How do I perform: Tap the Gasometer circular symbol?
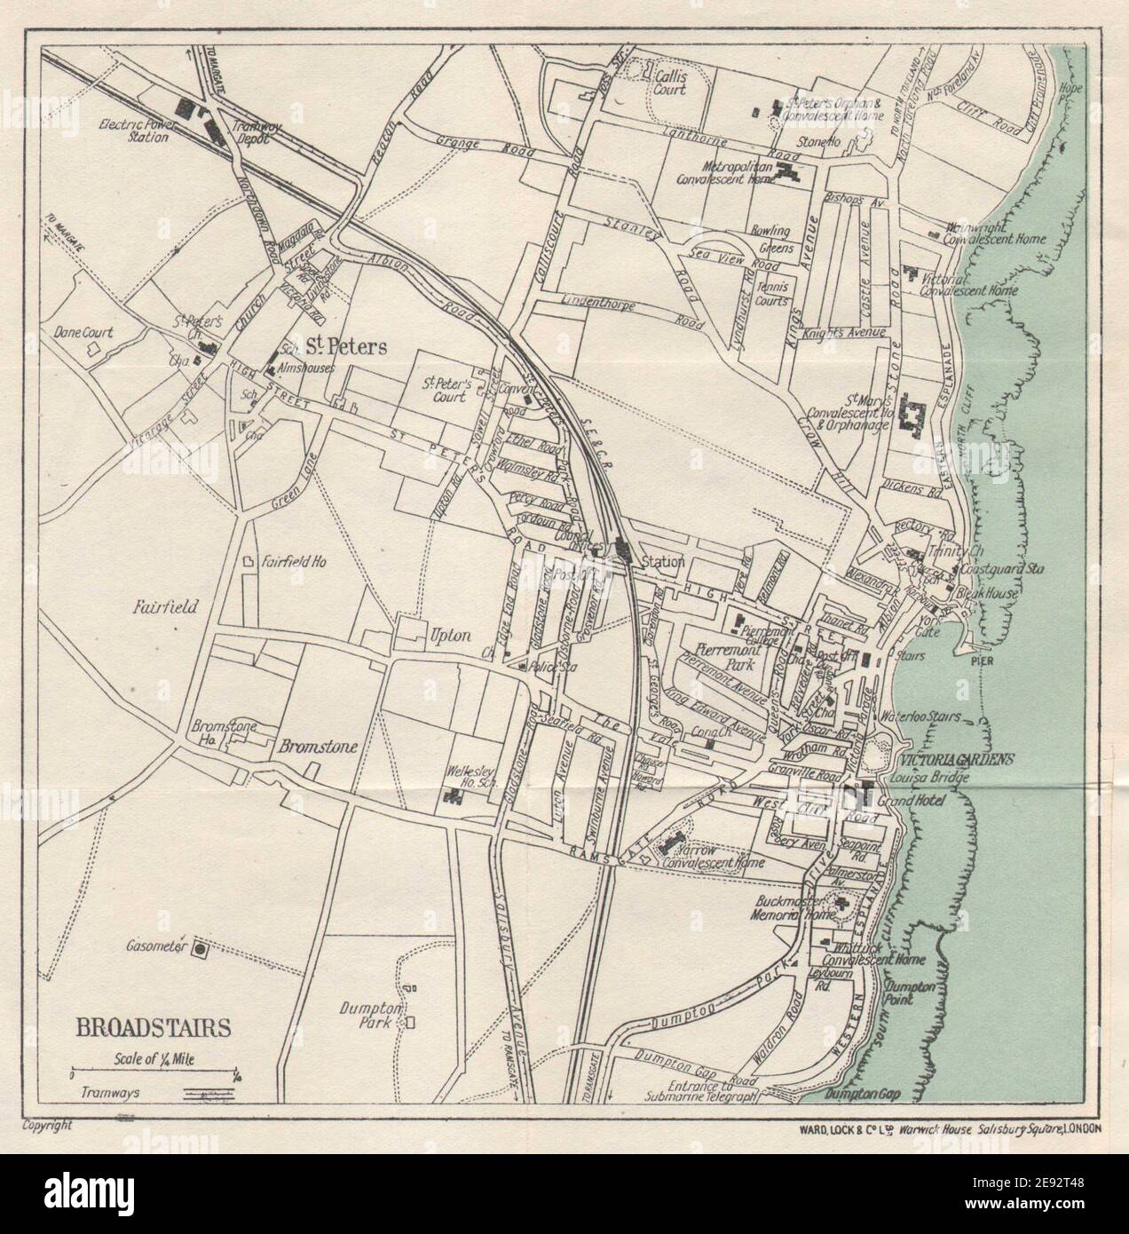pyautogui.click(x=201, y=949)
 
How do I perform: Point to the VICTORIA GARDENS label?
pyautogui.click(x=955, y=760)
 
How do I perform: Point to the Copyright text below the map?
pyautogui.click(x=44, y=1126)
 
